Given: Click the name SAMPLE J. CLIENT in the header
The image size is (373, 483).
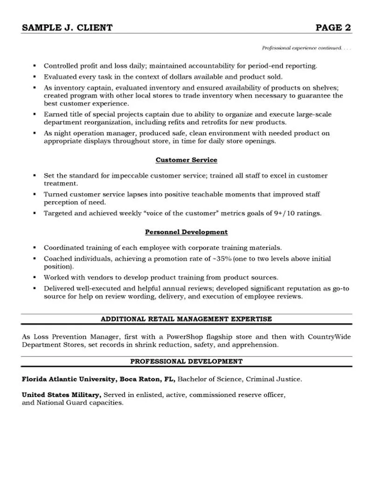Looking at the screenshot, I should pos(67,28).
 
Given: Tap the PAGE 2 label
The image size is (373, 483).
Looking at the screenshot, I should pos(333,28).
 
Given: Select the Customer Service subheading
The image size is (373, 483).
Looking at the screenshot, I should pos(186,160).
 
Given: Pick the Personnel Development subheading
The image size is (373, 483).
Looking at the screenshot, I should pos(186,232).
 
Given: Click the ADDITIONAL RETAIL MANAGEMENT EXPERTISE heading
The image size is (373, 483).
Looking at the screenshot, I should pos(186,319).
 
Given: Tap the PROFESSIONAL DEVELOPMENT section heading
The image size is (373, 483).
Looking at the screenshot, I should pos(186,361).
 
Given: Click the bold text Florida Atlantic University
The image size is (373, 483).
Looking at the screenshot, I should pos(68,379).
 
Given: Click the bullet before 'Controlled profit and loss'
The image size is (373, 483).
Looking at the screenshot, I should pos(35,66).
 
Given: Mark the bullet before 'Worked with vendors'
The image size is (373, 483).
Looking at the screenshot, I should pos(35,277).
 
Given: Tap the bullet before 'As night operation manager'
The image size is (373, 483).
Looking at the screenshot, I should pos(35,133).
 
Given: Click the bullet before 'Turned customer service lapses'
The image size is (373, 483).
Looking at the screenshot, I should pos(35,194).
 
